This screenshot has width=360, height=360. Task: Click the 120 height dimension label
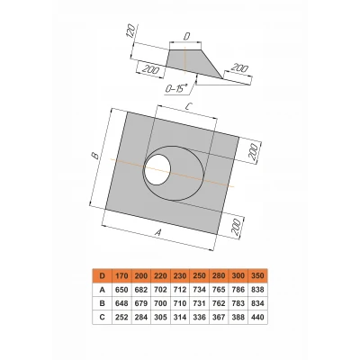tap(130, 31)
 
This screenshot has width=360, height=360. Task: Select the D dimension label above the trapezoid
tap(186, 37)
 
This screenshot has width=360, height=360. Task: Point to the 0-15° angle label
tap(176, 88)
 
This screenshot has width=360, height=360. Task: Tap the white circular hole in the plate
tap(157, 170)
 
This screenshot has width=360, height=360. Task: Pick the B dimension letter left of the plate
tap(94, 156)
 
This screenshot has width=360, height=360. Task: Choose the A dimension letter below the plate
tap(159, 232)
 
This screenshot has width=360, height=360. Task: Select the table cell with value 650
tap(121, 290)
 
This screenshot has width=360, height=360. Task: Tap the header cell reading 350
tap(258, 275)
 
